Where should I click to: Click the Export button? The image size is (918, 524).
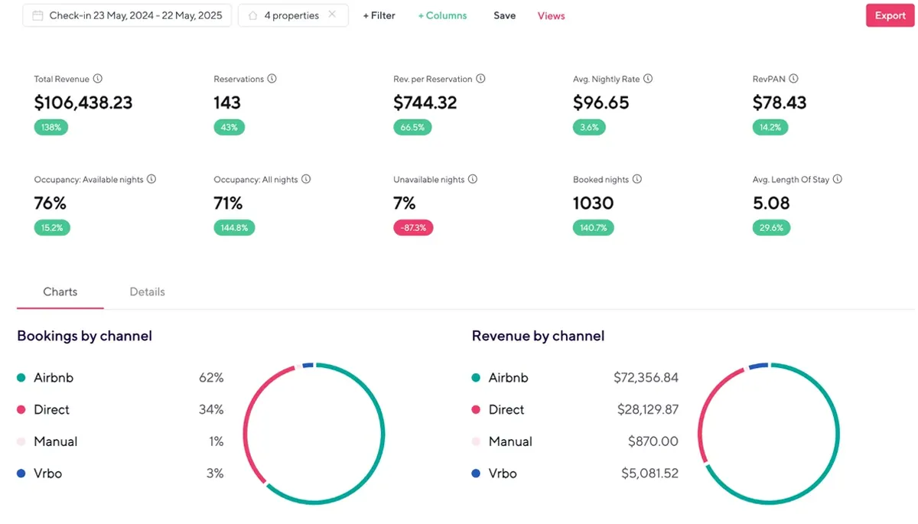[x=890, y=15]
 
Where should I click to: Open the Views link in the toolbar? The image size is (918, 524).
[x=551, y=15]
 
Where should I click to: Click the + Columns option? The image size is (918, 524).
[x=442, y=15]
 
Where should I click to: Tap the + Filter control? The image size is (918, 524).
[x=379, y=15]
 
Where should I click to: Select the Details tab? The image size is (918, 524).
[x=147, y=291]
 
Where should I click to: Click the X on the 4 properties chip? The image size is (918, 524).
[x=332, y=15]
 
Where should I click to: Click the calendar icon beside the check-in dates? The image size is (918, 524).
[x=37, y=15]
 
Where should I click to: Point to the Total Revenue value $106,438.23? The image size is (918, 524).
[x=83, y=103]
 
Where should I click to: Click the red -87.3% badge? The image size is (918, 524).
[x=413, y=228]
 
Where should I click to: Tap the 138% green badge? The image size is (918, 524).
[x=50, y=127]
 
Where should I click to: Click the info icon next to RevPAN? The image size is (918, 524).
[x=793, y=78]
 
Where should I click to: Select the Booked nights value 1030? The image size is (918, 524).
[x=593, y=203]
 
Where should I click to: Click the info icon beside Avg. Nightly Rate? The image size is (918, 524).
[x=647, y=78]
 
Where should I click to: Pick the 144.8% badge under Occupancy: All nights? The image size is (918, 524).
[x=234, y=228]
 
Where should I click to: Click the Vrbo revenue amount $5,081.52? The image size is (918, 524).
[x=649, y=474]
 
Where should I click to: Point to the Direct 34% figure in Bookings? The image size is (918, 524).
[x=211, y=409]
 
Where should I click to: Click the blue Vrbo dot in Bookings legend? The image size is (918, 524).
[x=21, y=474]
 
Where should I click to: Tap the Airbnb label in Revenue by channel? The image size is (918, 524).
[x=508, y=377]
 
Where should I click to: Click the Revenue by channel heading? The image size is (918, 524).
[x=538, y=336]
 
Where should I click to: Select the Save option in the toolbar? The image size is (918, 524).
[x=504, y=15]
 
